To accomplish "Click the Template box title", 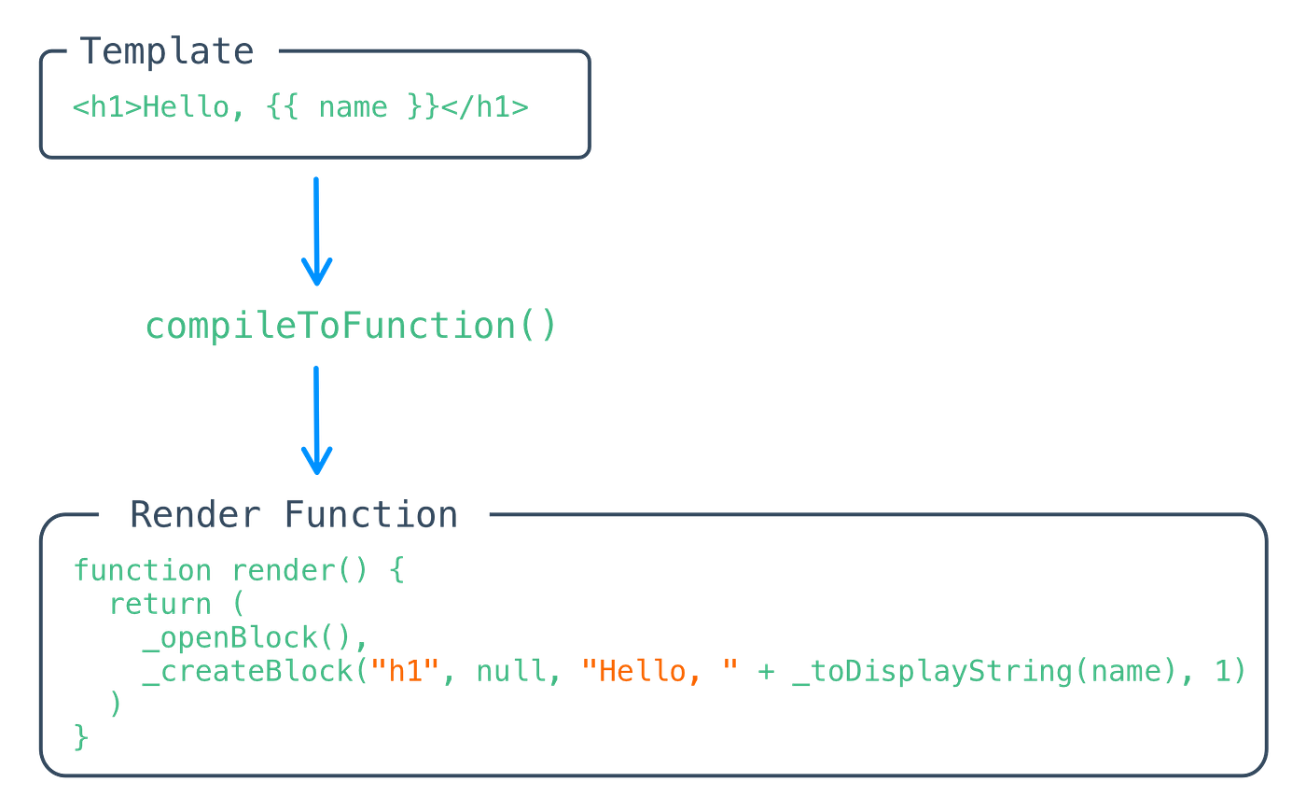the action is [x=167, y=51].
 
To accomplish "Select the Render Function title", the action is [x=293, y=514].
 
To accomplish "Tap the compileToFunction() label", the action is [x=350, y=327].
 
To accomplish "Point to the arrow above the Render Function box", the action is [x=316, y=419].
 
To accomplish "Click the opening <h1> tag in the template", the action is [x=105, y=107].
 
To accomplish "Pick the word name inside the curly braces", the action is [x=353, y=107].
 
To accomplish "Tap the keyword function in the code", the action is [x=143, y=569].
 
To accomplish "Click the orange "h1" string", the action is [x=404, y=672].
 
